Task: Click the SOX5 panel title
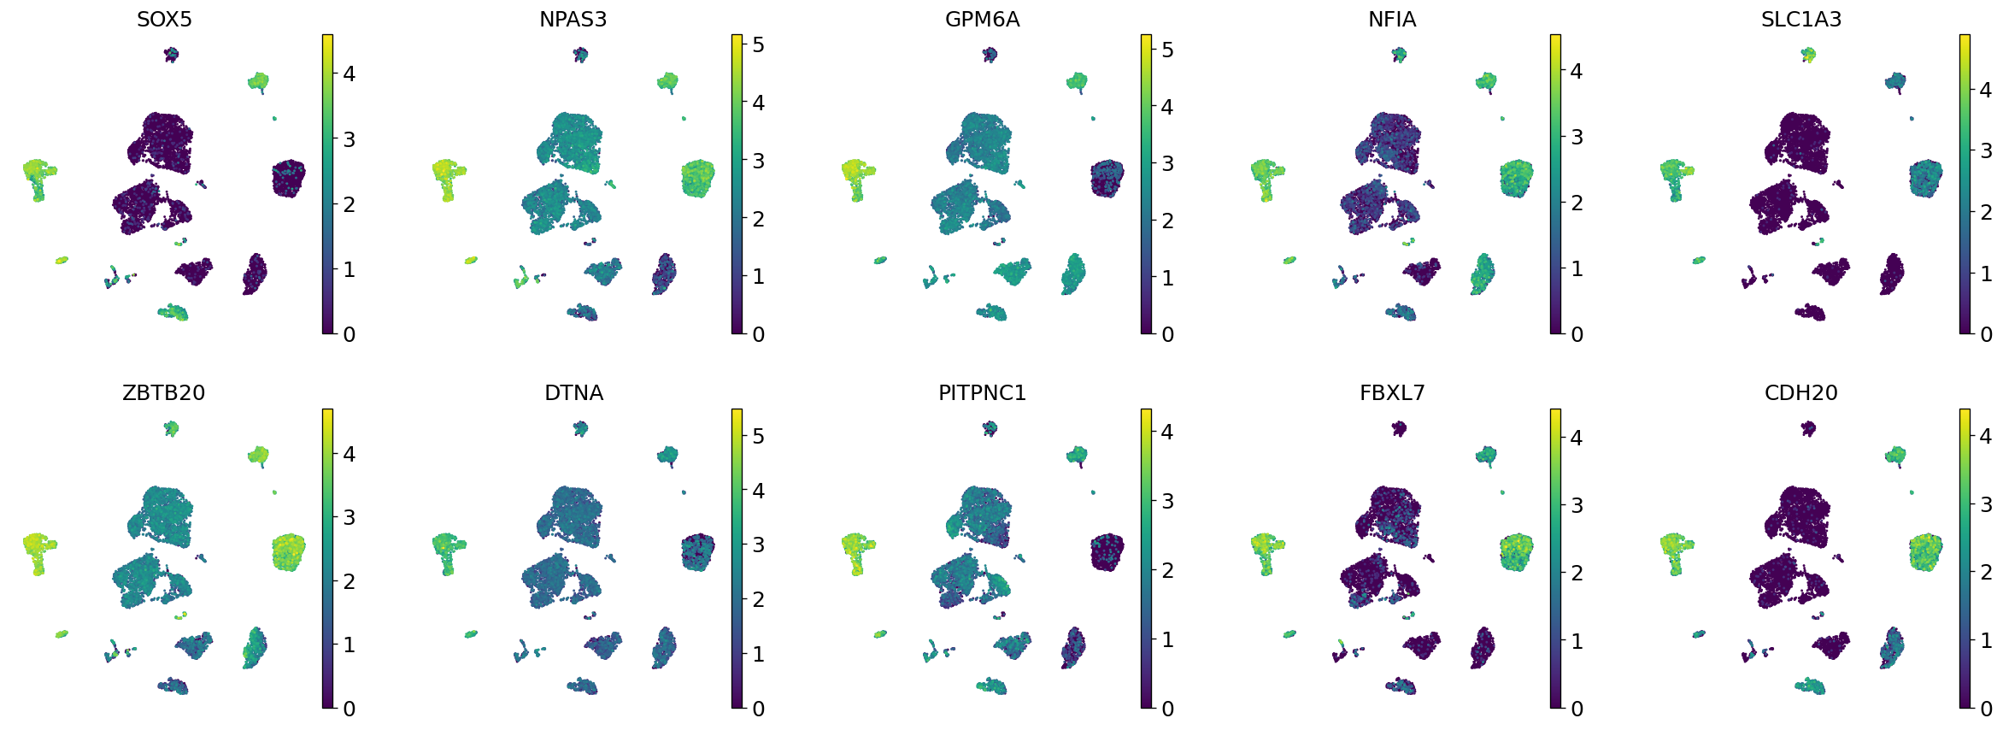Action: coord(164,19)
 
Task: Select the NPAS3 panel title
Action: coord(573,19)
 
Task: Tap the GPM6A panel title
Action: coord(982,19)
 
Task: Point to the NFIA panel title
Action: coord(1391,19)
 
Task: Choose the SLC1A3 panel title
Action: coord(1800,19)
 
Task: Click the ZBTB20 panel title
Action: coord(164,392)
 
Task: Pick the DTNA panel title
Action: coord(573,392)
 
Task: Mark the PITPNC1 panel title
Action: coord(982,392)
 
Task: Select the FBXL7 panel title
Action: coord(1391,392)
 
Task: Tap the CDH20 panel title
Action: coord(1800,392)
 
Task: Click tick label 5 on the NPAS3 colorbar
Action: coord(758,44)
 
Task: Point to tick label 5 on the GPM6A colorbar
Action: coord(1167,50)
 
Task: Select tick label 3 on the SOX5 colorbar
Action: coord(349,139)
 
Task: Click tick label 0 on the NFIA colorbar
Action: coord(1577,334)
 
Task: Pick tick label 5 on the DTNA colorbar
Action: coord(758,436)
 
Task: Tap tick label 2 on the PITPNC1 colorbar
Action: coord(1167,570)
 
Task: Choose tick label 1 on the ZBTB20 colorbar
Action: coord(349,645)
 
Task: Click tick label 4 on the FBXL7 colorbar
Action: coord(1577,438)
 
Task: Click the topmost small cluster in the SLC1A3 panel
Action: coord(1808,55)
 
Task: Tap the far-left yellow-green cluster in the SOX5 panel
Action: coord(37,174)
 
